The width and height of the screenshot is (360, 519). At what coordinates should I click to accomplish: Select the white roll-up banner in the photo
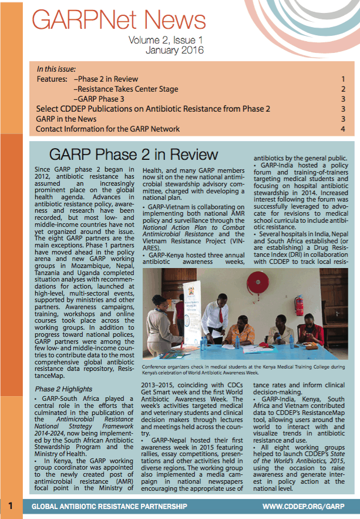click(191, 312)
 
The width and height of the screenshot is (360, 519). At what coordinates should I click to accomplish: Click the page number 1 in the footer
click(11, 506)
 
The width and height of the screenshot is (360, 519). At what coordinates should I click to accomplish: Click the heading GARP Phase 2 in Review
click(134, 155)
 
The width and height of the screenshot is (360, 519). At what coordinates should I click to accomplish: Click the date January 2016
click(174, 51)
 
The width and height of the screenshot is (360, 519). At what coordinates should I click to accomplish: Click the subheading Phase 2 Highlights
click(63, 389)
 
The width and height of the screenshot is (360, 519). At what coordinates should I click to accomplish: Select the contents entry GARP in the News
click(67, 119)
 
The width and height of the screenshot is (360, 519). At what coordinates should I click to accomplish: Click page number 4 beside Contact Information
click(343, 129)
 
